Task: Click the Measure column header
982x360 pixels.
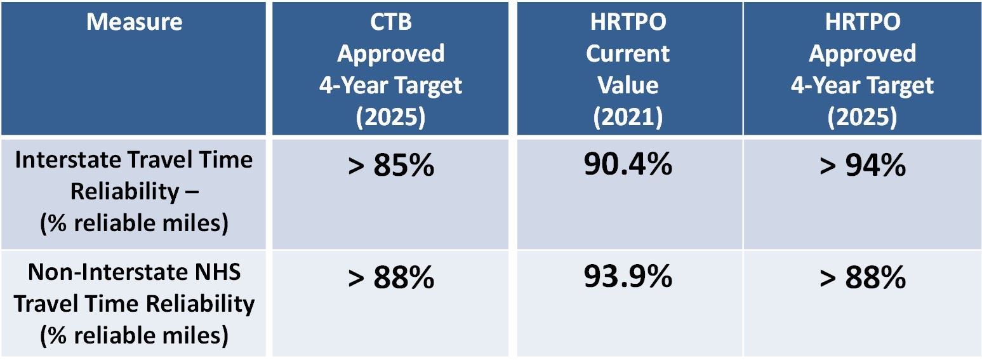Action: pos(134,22)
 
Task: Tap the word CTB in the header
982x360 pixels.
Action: pos(390,22)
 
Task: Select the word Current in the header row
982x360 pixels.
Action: pos(628,54)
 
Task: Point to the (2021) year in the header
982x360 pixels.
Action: pos(628,116)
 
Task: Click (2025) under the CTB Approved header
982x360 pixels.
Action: pos(390,116)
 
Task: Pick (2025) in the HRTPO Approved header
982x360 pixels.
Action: pos(861,116)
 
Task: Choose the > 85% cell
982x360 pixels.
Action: pos(390,166)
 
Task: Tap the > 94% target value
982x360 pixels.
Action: pos(861,166)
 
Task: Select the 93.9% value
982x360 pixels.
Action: pos(628,278)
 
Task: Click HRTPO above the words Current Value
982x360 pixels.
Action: pos(628,22)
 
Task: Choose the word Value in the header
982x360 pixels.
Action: pos(628,85)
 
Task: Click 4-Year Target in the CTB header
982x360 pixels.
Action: pos(390,85)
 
